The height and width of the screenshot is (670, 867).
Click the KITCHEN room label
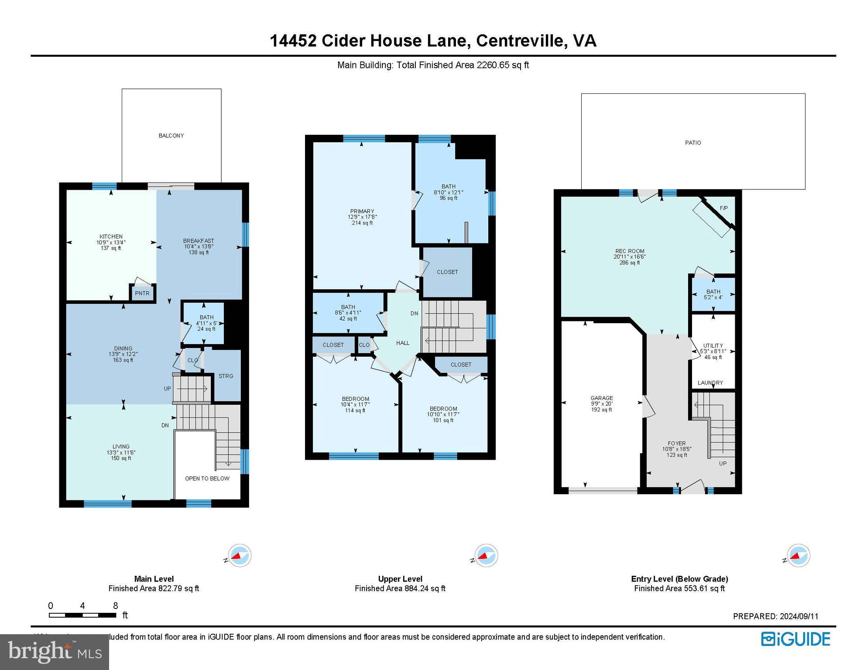point(111,237)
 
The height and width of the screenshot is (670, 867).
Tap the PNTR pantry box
point(142,293)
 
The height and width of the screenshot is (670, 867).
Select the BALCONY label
point(171,136)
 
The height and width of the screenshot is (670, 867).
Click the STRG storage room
point(226,376)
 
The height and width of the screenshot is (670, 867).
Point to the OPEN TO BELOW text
point(207,479)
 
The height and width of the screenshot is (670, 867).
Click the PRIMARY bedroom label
point(362,211)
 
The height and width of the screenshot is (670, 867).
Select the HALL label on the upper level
point(403,343)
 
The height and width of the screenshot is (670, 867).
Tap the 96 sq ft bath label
point(448,192)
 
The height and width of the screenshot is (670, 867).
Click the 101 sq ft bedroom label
point(443,414)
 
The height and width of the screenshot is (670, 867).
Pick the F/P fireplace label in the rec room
point(723,208)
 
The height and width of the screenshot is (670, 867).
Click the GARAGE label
point(602,398)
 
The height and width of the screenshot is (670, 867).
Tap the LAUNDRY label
point(710,383)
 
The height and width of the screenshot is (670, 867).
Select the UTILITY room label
point(713,345)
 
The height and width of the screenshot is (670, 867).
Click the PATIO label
point(693,143)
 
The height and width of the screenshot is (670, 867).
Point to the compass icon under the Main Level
point(239,556)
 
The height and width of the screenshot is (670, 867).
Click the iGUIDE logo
point(795,639)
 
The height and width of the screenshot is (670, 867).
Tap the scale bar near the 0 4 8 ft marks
point(82,615)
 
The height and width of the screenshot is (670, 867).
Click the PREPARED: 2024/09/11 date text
point(775,616)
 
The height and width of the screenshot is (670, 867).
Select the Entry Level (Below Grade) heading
point(679,579)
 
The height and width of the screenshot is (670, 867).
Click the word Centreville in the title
point(521,41)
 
